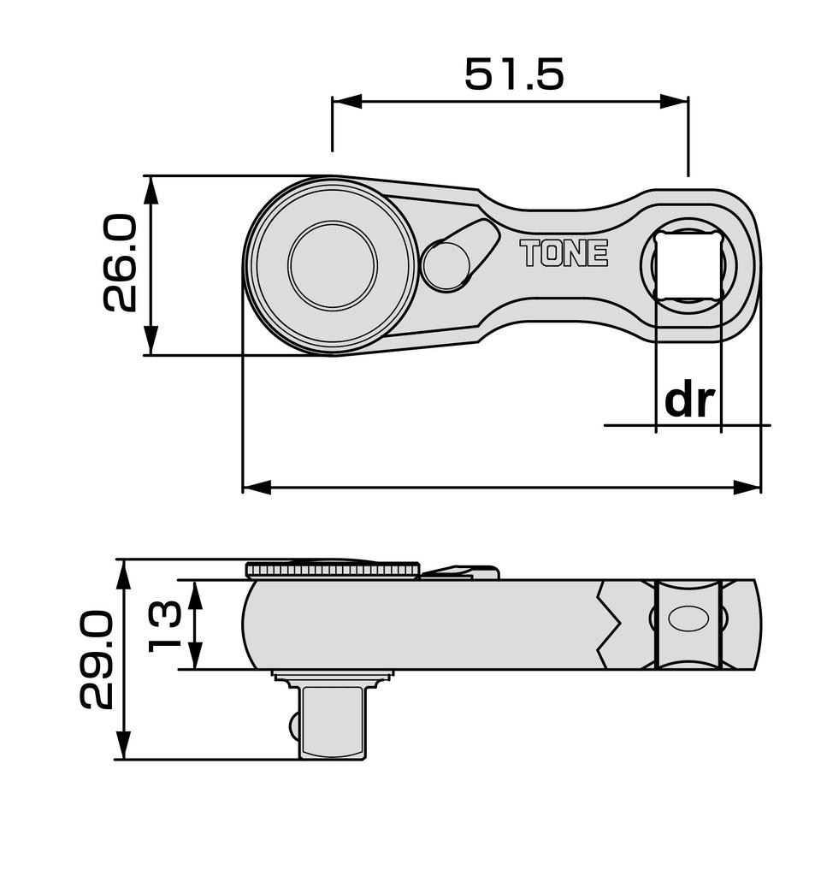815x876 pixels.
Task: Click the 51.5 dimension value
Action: [514, 75]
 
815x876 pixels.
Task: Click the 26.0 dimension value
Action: [121, 263]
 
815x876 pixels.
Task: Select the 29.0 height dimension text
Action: [96, 660]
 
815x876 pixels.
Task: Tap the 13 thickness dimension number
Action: [165, 625]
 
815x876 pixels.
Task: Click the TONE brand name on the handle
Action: [564, 253]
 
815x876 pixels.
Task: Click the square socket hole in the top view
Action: [689, 262]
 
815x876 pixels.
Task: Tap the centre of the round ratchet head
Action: [332, 265]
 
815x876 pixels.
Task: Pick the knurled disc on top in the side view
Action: [332, 569]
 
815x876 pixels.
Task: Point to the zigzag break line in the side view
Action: [614, 624]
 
